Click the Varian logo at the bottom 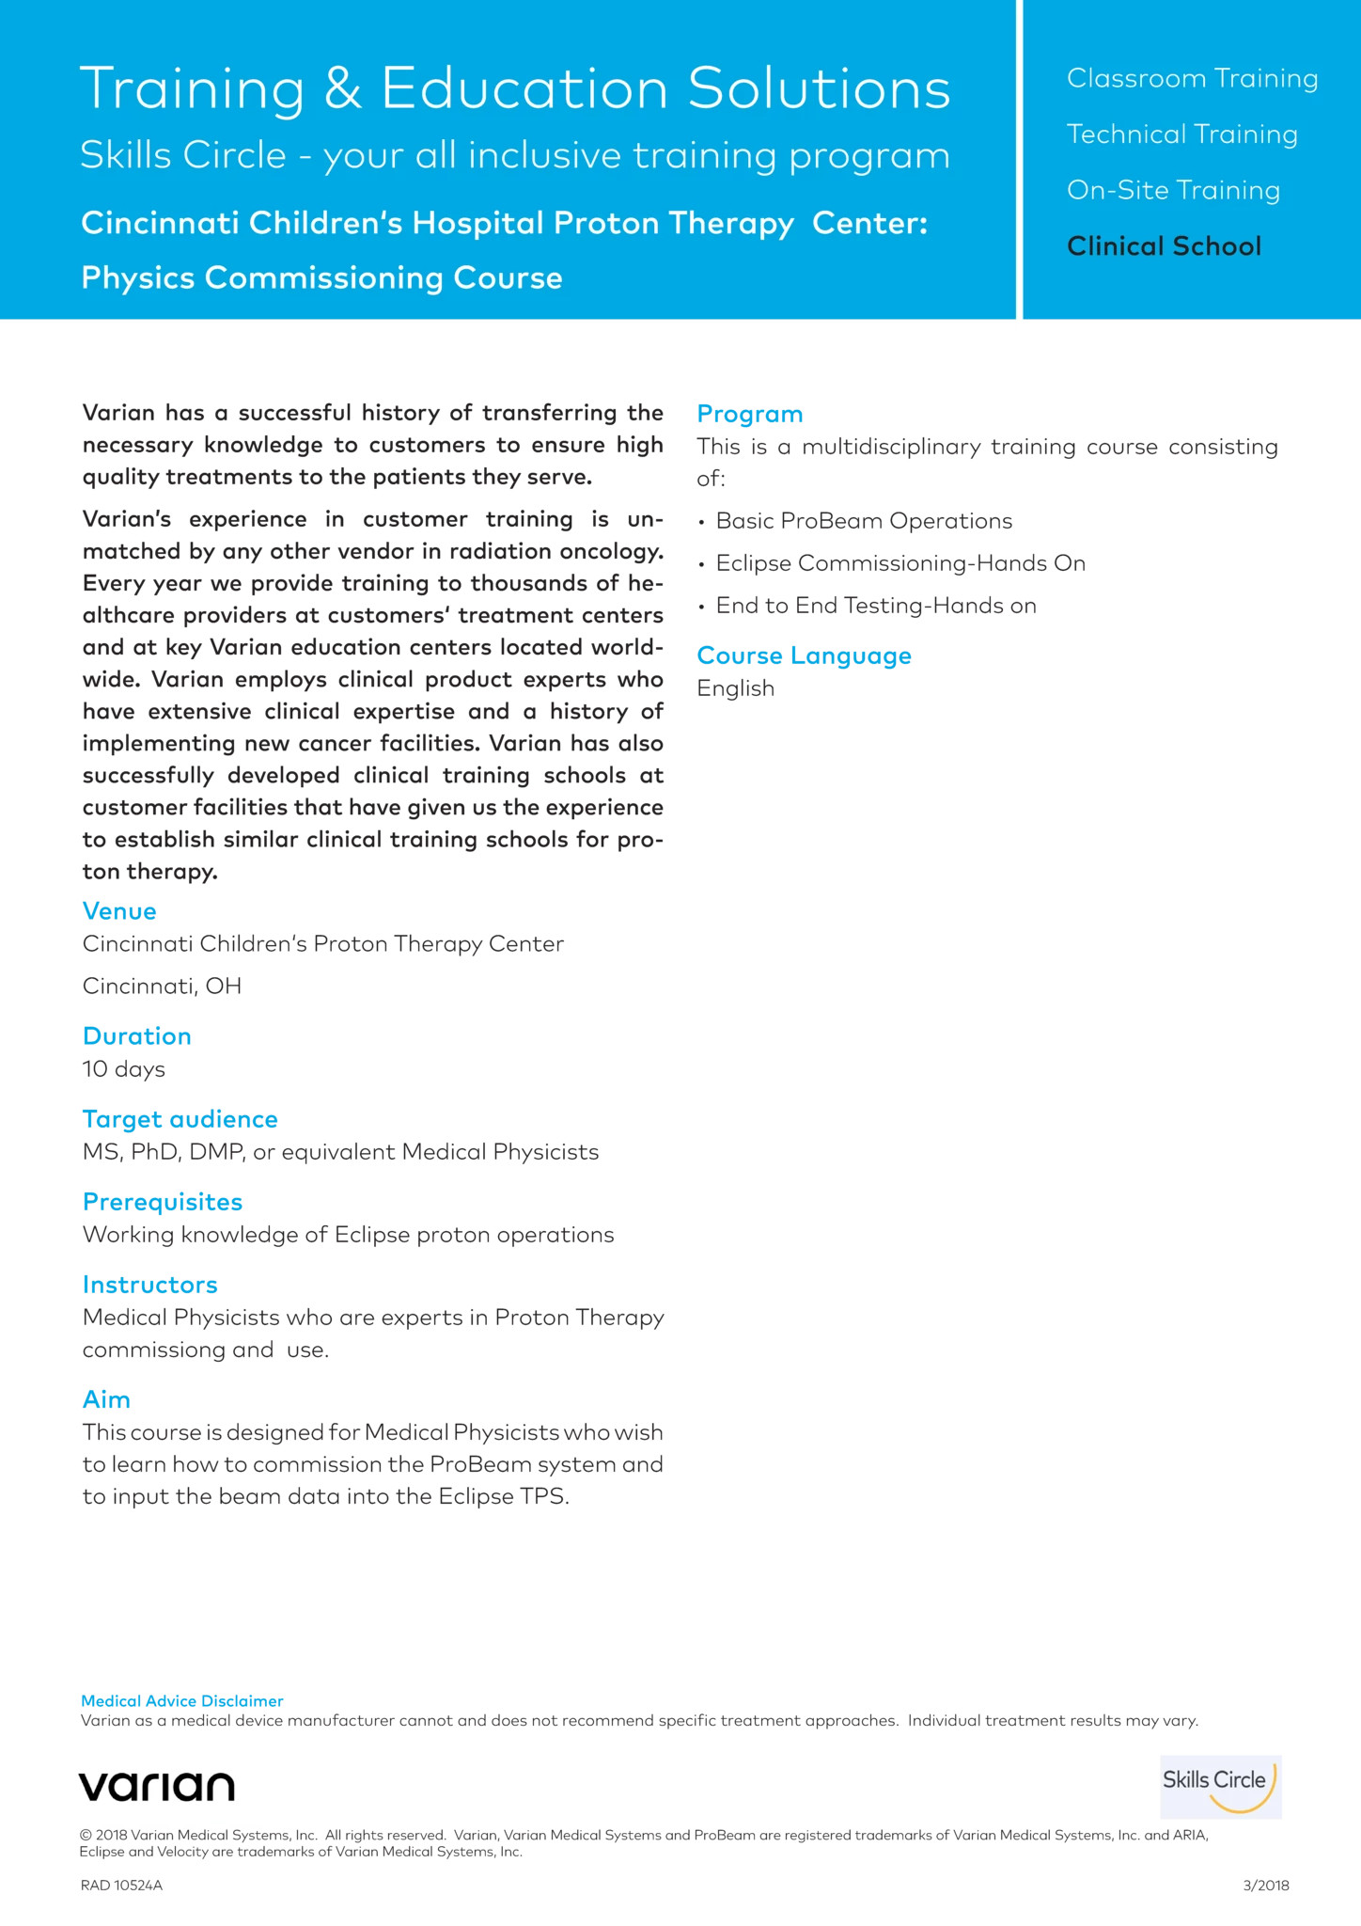tap(157, 1786)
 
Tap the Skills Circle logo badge tap(1220, 1786)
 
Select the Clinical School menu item tap(1164, 246)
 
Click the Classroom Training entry tap(1192, 78)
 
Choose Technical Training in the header tap(1181, 134)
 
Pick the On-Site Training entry tap(1173, 190)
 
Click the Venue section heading tap(119, 910)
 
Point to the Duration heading tap(137, 1035)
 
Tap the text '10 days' tap(124, 1069)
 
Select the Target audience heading tap(180, 1119)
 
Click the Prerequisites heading tap(163, 1202)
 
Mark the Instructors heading tap(150, 1285)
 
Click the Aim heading tap(106, 1399)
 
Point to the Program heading tap(750, 414)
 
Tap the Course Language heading tap(804, 655)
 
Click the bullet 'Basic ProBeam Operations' tap(864, 521)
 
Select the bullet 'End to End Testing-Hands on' tap(876, 606)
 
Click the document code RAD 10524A tap(121, 1886)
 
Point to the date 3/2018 tap(1266, 1886)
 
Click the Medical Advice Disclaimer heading tap(182, 1701)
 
